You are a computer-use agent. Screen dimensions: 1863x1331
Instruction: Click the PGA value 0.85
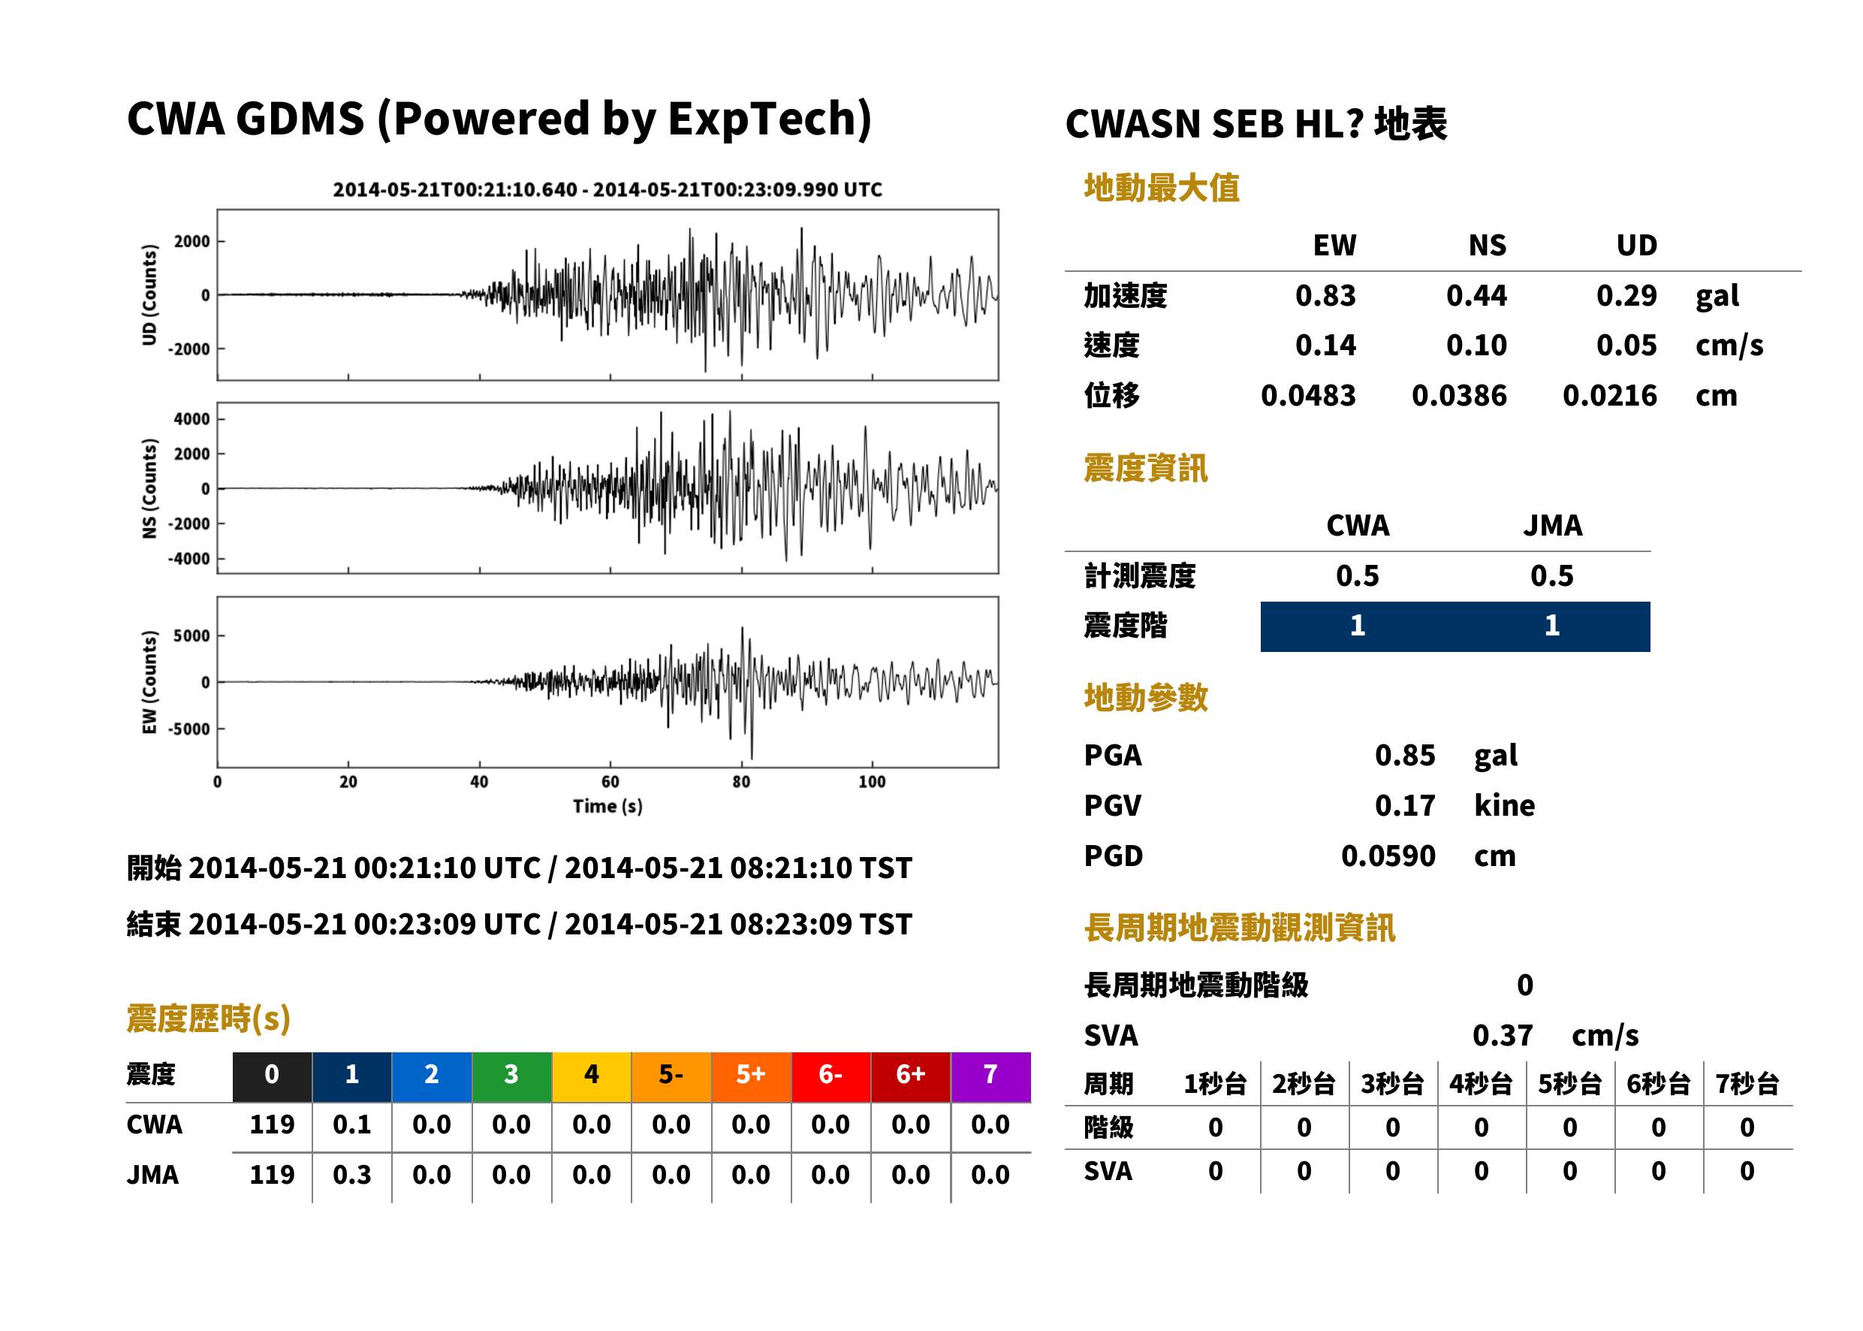[x=1404, y=755]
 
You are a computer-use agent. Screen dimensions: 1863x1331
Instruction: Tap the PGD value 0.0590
[x=1388, y=856]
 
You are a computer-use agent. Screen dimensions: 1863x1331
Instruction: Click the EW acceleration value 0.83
[x=1325, y=295]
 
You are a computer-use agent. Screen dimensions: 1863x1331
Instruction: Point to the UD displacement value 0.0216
[x=1609, y=395]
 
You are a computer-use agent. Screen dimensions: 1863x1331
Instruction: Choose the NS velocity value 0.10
[x=1476, y=345]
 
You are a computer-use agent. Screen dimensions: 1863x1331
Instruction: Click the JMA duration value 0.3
[x=351, y=1175]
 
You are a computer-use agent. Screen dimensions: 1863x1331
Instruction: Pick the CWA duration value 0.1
[x=351, y=1124]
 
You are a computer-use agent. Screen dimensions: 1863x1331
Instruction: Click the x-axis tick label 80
[x=740, y=782]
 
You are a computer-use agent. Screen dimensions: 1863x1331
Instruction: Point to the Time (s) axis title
[x=607, y=807]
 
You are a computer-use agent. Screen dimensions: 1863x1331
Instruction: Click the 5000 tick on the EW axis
[x=191, y=635]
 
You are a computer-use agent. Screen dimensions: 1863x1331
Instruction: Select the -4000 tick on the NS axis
[x=188, y=559]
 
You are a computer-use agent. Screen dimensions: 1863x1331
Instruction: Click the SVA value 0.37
[x=1502, y=1035]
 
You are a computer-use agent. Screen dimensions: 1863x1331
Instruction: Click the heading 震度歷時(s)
[x=209, y=1019]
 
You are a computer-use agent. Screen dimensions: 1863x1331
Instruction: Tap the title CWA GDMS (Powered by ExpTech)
[x=499, y=119]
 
